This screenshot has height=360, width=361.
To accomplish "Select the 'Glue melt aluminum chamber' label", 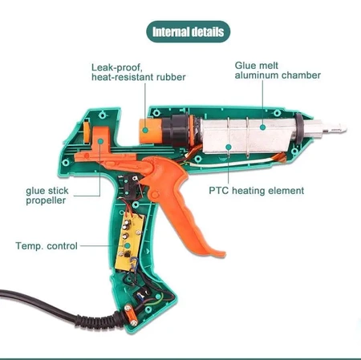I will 277,70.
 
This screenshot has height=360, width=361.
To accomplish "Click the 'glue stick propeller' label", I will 46,195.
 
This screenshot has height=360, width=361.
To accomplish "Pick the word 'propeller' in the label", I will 46,200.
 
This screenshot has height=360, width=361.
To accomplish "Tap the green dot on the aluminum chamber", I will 229,146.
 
